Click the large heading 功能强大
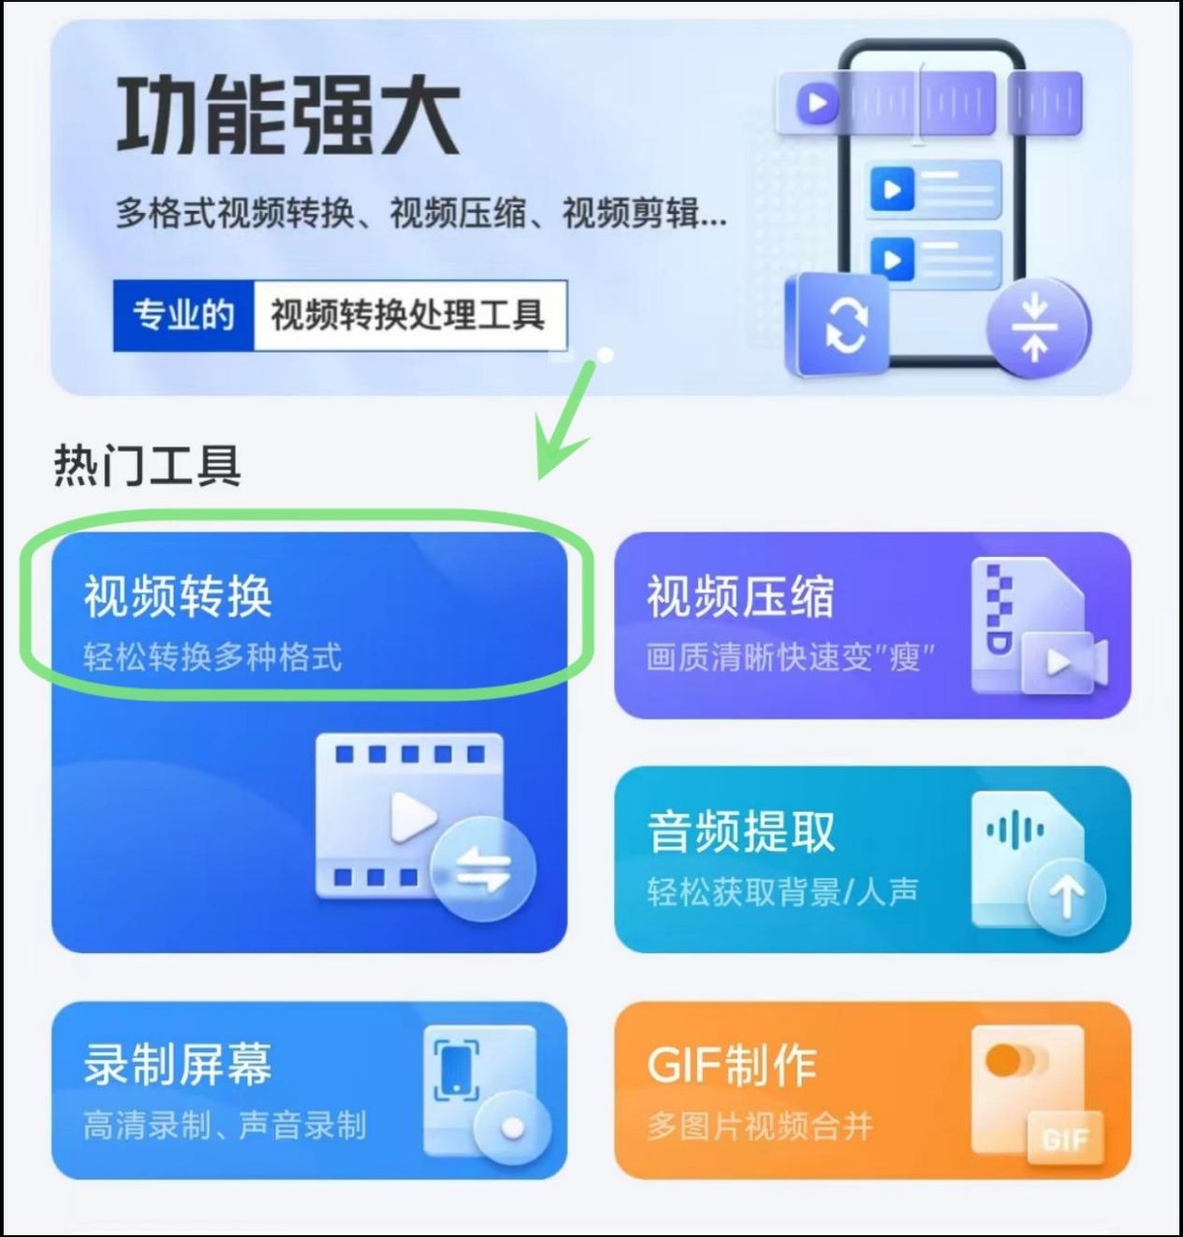288,116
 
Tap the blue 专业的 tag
183,315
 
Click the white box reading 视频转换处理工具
408,315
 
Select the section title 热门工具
147,465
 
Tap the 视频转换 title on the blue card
177,596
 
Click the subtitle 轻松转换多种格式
212,656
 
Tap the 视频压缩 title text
740,596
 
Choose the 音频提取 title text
740,831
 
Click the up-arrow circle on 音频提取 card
1067,896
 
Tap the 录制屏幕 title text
177,1065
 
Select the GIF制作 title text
731,1065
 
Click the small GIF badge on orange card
1065,1140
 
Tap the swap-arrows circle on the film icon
482,868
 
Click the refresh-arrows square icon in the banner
843,324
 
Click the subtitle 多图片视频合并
759,1126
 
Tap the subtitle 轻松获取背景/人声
782,892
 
